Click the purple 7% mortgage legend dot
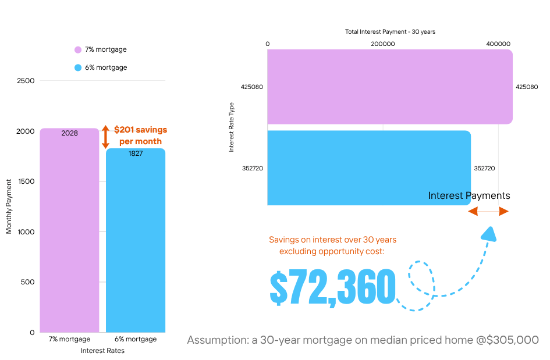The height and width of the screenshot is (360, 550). pyautogui.click(x=78, y=50)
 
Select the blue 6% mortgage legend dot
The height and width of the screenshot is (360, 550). pyautogui.click(x=78, y=67)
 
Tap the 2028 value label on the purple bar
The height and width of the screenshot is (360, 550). pyautogui.click(x=69, y=133)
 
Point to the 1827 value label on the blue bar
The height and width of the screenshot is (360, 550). pyautogui.click(x=136, y=154)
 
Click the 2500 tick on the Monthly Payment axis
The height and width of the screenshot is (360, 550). pyautogui.click(x=26, y=81)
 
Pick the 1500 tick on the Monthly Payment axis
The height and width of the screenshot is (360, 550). pyautogui.click(x=26, y=181)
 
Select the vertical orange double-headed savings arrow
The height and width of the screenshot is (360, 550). pyautogui.click(x=105, y=137)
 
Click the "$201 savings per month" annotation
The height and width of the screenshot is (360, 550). pyautogui.click(x=140, y=135)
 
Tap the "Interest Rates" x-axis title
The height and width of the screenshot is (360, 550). pyautogui.click(x=102, y=351)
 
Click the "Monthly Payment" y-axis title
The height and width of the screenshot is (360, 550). pyautogui.click(x=9, y=206)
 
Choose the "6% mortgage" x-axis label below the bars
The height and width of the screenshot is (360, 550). pyautogui.click(x=136, y=339)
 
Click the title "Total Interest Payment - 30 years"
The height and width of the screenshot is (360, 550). pyautogui.click(x=390, y=31)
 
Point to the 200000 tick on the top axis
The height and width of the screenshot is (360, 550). pyautogui.click(x=383, y=44)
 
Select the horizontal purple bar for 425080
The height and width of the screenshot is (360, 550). pyautogui.click(x=389, y=87)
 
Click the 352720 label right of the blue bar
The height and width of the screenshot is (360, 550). pyautogui.click(x=484, y=168)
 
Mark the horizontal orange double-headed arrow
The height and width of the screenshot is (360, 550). pyautogui.click(x=488, y=211)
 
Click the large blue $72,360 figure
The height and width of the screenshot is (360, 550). pyautogui.click(x=332, y=288)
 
